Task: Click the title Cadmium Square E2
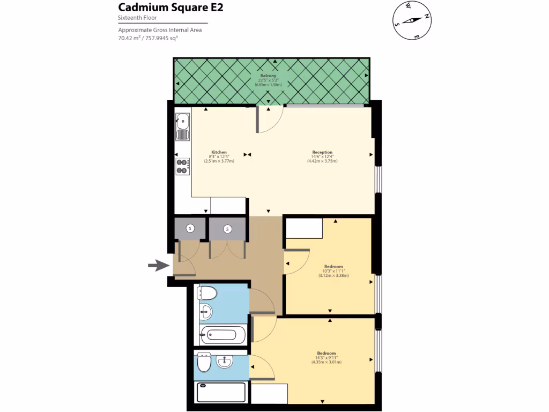click(x=170, y=8)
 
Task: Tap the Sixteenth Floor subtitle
click(x=138, y=18)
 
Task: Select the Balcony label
click(x=268, y=76)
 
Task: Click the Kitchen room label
click(x=219, y=152)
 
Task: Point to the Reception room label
click(x=322, y=152)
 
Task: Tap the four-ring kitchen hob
click(x=183, y=166)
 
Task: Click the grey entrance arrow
click(x=158, y=265)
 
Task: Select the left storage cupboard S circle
click(x=190, y=229)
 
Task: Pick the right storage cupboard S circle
click(x=227, y=229)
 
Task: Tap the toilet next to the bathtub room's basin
click(x=207, y=293)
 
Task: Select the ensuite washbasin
click(x=225, y=363)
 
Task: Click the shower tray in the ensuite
click(x=221, y=392)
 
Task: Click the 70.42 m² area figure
click(x=129, y=38)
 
